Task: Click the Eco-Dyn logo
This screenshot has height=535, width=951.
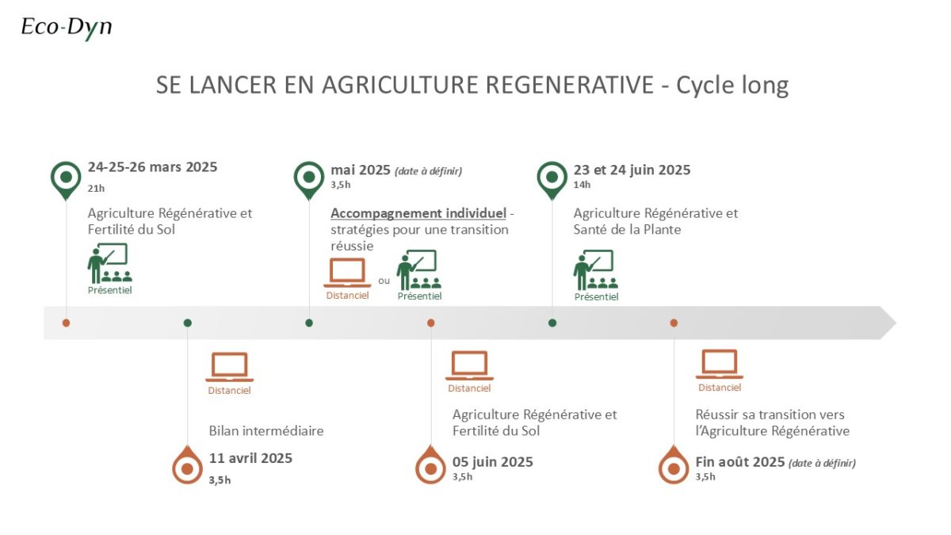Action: pyautogui.click(x=67, y=28)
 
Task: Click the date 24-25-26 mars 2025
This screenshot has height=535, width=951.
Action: pyautogui.click(x=152, y=167)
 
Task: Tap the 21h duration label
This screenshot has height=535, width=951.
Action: pyautogui.click(x=96, y=188)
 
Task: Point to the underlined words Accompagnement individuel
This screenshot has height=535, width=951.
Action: pyautogui.click(x=418, y=213)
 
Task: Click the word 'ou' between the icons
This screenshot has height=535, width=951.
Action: pyautogui.click(x=384, y=281)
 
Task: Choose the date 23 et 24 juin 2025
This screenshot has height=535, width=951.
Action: pyautogui.click(x=632, y=170)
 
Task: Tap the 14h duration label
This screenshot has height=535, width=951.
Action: pyautogui.click(x=582, y=185)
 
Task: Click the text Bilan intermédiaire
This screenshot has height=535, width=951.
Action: pyautogui.click(x=266, y=431)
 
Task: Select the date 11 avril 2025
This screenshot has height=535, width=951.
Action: pyautogui.click(x=250, y=458)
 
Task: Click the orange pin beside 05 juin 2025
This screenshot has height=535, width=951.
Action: pyautogui.click(x=430, y=464)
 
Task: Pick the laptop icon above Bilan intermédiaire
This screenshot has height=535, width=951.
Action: pyautogui.click(x=229, y=367)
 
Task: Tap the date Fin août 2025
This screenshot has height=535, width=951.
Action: pyautogui.click(x=740, y=461)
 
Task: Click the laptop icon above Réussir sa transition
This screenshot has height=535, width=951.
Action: pyautogui.click(x=720, y=364)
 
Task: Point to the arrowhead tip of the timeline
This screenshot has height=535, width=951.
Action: pyautogui.click(x=896, y=323)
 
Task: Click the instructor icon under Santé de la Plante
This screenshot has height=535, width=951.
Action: pyautogui.click(x=596, y=270)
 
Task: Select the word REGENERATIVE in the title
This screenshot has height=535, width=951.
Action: pyautogui.click(x=569, y=85)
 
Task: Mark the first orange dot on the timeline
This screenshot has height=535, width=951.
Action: pyautogui.click(x=66, y=323)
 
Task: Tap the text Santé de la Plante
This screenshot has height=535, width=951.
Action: pyautogui.click(x=627, y=230)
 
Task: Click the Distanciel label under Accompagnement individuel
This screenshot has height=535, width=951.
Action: pyautogui.click(x=347, y=296)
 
